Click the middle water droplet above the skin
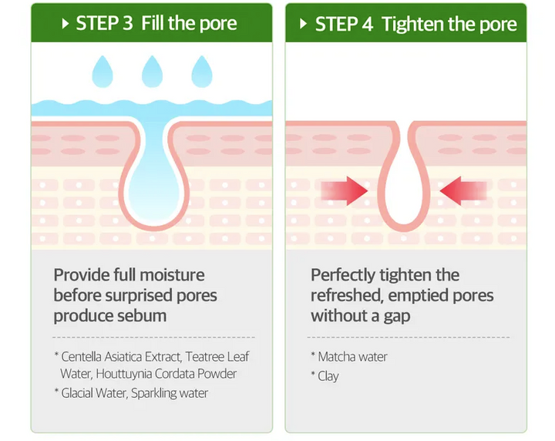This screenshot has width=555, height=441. (152, 72)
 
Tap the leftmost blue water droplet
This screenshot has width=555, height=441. (103, 72)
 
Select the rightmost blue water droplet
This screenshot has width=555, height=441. (202, 72)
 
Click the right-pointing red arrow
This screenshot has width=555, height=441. (345, 190)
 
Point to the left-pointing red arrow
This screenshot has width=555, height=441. (463, 190)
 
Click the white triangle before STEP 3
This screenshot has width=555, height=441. (65, 24)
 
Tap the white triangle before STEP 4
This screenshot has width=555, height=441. (303, 24)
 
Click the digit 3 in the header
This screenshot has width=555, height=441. (127, 23)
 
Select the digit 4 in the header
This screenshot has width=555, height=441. (368, 24)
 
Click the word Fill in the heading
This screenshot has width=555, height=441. (153, 23)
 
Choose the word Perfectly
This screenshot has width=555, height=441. (343, 276)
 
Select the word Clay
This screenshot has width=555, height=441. (328, 376)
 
